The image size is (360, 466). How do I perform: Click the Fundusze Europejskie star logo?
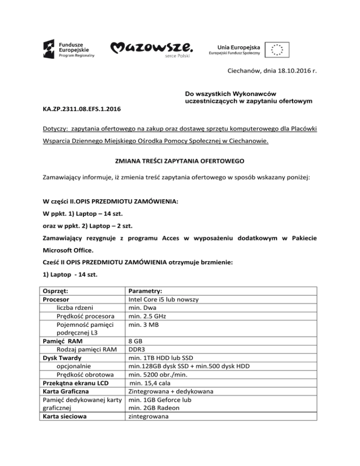click(50, 48)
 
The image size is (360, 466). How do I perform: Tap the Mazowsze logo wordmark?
click(151, 47)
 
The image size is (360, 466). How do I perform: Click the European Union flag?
click(277, 49)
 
